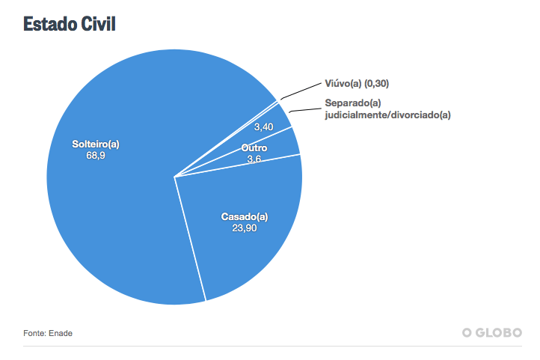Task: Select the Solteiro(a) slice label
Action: (96, 144)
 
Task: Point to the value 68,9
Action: (96, 156)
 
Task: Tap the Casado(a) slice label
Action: (245, 217)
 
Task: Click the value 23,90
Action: (245, 229)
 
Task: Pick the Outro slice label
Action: (254, 148)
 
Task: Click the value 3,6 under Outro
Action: (254, 159)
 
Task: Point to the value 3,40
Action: (263, 127)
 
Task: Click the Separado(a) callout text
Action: (353, 103)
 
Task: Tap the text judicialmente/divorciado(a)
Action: (387, 115)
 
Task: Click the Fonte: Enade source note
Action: (48, 332)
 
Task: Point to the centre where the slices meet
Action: (174, 177)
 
